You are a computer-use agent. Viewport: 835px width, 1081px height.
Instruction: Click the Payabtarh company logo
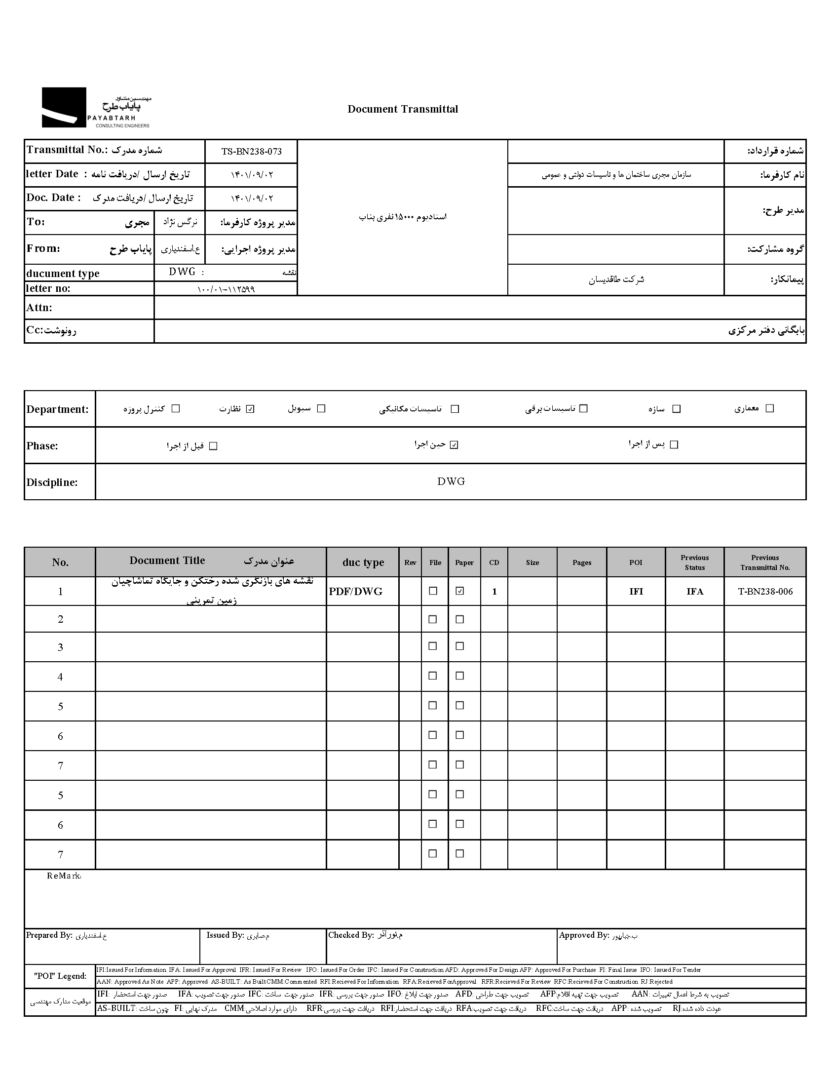[96, 108]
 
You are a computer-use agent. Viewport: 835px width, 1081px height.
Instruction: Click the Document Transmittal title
[403, 110]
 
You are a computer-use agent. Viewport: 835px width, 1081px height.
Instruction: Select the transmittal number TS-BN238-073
[251, 152]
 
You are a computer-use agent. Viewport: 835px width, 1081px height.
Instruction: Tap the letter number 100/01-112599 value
[226, 289]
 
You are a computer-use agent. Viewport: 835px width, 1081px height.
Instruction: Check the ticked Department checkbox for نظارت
[250, 409]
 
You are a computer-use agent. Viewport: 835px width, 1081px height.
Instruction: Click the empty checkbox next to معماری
[769, 408]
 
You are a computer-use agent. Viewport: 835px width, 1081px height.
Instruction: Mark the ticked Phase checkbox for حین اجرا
[454, 445]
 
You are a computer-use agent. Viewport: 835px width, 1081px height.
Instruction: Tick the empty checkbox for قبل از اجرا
[213, 446]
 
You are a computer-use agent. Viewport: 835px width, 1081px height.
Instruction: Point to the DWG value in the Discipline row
[451, 481]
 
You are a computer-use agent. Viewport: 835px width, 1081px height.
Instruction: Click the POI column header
[636, 562]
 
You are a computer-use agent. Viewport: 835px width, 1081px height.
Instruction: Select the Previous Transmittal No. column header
[765, 562]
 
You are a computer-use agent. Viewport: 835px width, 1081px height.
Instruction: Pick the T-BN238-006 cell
[765, 592]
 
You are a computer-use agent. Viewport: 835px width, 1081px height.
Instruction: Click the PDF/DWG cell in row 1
[356, 592]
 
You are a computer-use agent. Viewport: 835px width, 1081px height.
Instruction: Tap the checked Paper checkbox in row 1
[460, 591]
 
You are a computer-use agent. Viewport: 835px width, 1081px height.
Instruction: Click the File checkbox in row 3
[433, 646]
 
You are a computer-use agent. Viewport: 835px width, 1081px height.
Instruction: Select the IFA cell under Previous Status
[694, 592]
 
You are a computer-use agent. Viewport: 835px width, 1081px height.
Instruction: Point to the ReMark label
[64, 876]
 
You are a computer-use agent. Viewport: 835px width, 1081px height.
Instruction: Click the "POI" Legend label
[60, 976]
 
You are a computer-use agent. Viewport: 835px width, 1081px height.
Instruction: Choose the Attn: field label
[39, 308]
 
